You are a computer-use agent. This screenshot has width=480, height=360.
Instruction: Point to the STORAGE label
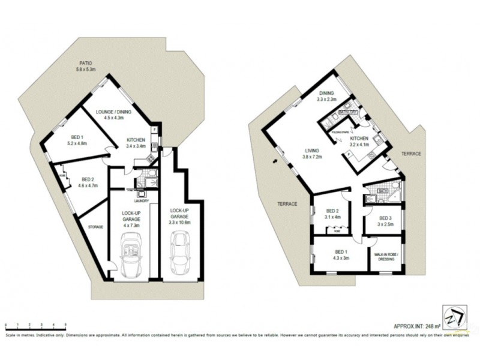coord(96,227)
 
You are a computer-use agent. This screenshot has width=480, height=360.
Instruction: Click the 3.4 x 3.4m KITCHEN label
coord(136,142)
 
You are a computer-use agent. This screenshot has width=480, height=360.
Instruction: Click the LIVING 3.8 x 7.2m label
coord(313,153)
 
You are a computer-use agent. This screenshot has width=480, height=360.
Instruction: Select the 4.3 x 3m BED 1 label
coord(341,254)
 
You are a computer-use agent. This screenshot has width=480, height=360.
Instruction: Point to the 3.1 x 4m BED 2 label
coord(332,214)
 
